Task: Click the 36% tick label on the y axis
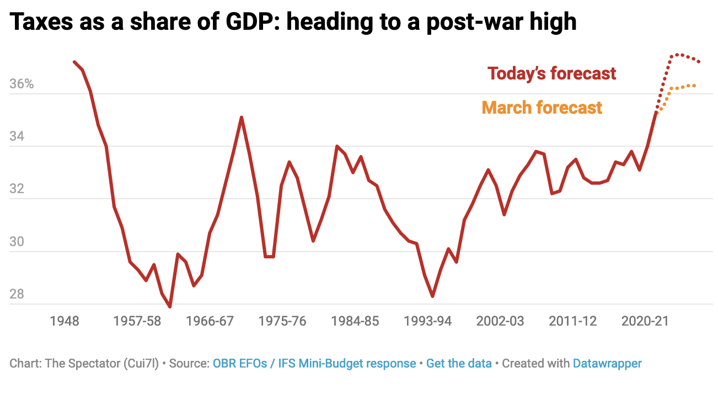tap(22, 84)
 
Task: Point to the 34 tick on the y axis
tap(18, 136)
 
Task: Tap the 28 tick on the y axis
tap(18, 294)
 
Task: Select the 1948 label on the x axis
tap(64, 321)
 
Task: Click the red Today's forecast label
tap(551, 73)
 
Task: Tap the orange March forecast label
tap(542, 107)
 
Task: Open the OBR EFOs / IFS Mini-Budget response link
tap(314, 364)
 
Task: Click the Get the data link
tap(459, 364)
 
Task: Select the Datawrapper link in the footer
tap(607, 364)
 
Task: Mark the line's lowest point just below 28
tap(170, 307)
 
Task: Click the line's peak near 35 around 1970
tap(242, 117)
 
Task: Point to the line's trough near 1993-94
tap(433, 296)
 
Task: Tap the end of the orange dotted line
tap(695, 86)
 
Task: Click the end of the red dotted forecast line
tap(699, 62)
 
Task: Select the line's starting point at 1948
tap(74, 62)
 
